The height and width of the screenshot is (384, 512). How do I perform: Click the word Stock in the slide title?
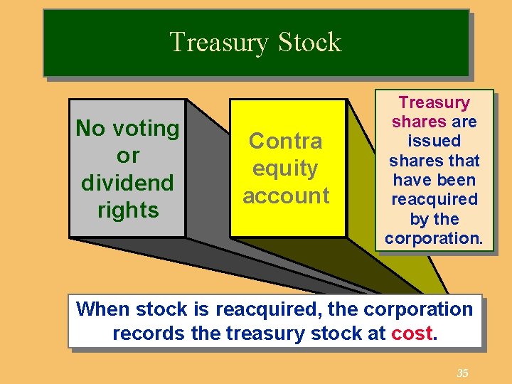309,43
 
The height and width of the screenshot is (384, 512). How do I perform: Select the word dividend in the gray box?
127,183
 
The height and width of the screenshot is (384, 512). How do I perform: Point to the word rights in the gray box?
128,210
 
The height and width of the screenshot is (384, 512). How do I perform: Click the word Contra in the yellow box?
286,141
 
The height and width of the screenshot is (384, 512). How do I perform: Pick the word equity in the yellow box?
286,169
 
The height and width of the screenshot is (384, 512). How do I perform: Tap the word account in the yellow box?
286,196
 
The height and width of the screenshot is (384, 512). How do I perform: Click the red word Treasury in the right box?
434,103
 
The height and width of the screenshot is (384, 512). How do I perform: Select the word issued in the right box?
434,142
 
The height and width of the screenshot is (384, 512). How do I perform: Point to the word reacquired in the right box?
434,199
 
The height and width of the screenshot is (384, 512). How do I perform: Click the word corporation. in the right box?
434,238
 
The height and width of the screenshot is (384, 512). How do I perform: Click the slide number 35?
462,373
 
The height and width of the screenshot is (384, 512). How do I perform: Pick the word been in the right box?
457,180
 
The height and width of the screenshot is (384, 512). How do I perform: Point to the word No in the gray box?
90,129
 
